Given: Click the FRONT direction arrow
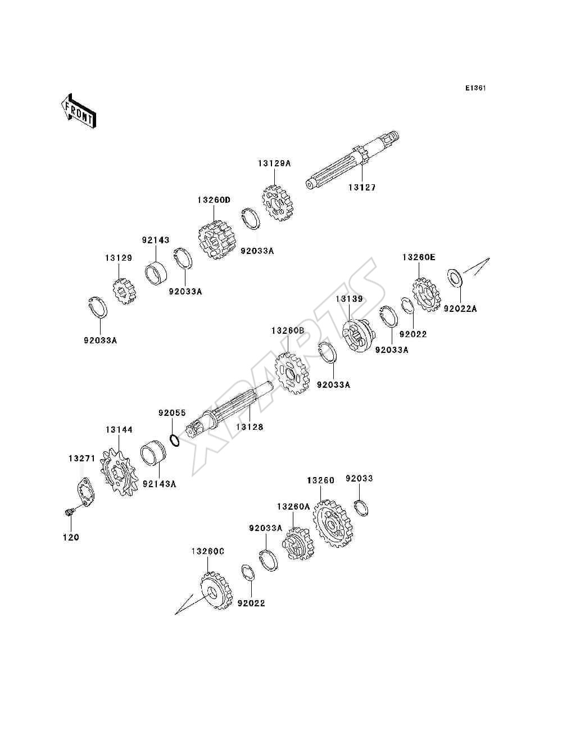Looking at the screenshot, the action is coord(79,111).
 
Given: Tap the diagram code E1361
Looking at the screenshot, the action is coord(475,88).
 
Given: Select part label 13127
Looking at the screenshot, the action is coord(362,188).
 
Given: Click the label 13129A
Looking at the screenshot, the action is coord(274,164).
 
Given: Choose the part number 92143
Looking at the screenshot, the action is coord(156,240).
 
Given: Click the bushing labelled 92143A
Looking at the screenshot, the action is coord(153,453).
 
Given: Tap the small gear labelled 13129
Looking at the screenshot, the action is coord(124,291).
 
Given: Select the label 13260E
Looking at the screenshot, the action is coord(419,257).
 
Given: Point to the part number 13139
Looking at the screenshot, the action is coord(350,299).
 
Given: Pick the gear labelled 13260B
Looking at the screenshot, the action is coord(293,373).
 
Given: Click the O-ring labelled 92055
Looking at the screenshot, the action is coord(174,439).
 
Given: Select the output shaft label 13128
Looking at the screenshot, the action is coord(250,427).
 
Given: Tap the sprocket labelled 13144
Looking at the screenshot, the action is coord(119,473).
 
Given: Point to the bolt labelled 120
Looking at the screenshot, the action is coord(69,512).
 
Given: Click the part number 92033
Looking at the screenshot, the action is coord(359,479).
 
